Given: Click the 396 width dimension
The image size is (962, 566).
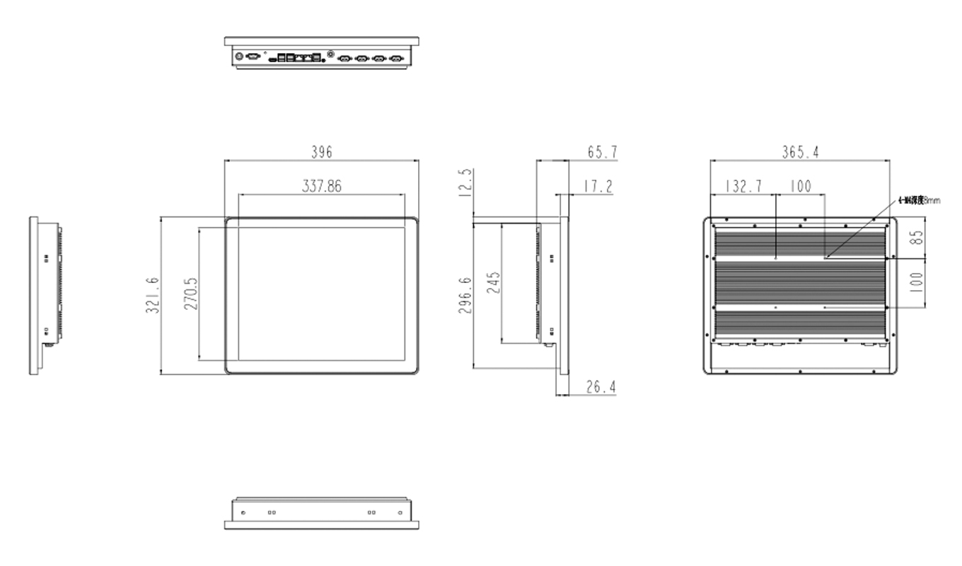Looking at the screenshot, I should tap(322, 152).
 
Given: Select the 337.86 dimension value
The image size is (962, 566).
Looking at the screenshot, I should tap(323, 186).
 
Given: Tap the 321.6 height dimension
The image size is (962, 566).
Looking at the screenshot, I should tap(152, 296).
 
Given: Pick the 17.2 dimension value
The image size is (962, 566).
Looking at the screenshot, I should tap(598, 186).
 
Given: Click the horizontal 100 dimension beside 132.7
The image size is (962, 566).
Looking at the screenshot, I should tap(801, 186).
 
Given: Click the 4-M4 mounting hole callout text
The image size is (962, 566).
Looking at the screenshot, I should tap(919, 201).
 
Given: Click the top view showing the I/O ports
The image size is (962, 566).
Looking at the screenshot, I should tap(322, 54).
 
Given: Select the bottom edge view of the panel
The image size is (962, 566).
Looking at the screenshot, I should tap(322, 513).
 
